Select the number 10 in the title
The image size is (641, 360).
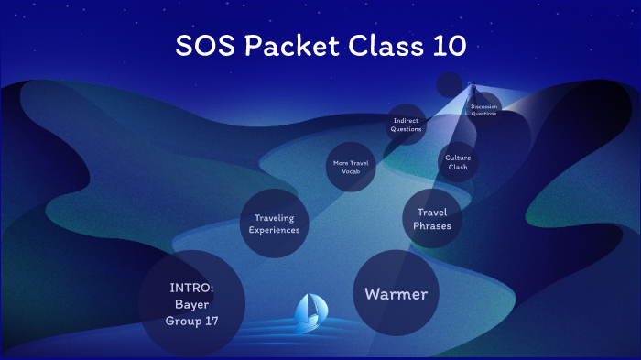coord(442,47)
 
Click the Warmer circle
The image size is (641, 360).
coord(396,294)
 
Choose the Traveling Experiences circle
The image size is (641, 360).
coord(274,224)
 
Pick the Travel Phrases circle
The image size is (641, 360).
coord(432,219)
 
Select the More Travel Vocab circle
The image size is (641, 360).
coord(353,166)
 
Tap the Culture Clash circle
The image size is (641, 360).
coord(458,162)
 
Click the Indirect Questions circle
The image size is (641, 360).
coord(407,125)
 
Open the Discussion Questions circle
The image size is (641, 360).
coord(483,110)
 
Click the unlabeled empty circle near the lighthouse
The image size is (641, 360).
coord(449,84)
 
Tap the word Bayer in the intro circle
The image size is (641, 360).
coord(192,304)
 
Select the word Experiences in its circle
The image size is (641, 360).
coord(274,230)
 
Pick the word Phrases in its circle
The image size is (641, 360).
coord(432,225)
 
